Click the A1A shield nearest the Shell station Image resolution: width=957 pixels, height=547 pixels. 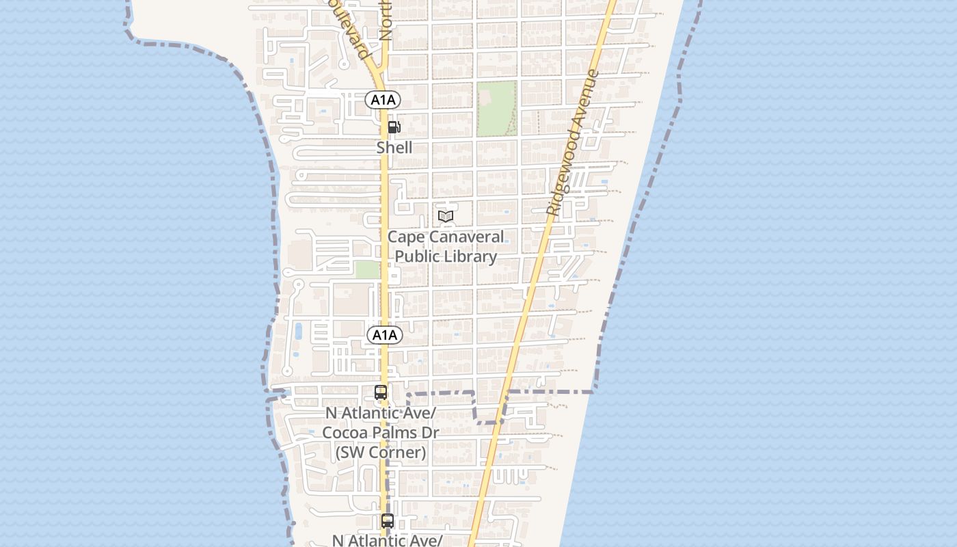383,100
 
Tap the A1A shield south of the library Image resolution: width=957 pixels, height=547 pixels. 385,335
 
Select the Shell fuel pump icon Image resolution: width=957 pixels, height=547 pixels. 394,127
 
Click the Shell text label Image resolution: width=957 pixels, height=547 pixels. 394,147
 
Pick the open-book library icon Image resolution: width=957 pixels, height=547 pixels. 446,217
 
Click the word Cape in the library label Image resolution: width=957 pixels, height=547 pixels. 405,237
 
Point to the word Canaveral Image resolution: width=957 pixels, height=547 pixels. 465,237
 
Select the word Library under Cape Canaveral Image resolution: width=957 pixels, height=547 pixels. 471,256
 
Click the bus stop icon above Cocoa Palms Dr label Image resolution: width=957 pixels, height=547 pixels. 381,392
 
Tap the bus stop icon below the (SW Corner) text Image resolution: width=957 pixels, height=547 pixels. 388,521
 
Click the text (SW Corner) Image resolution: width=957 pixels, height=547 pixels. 381,452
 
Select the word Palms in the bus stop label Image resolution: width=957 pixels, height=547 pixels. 396,433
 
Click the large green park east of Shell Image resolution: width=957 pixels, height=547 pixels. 496,108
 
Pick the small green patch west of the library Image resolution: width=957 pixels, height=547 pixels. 367,269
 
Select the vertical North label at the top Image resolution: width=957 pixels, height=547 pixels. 386,21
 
